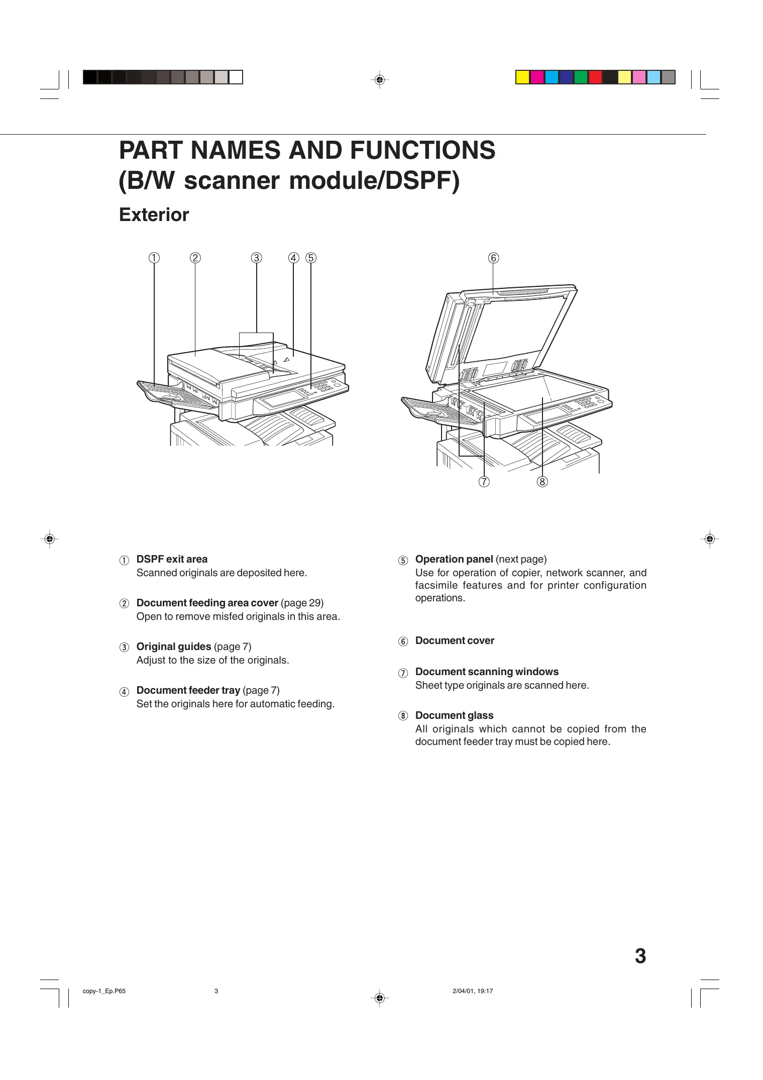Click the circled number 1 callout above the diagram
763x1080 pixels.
[x=154, y=258]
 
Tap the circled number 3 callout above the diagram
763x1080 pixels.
[x=256, y=258]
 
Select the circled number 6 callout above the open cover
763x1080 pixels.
[x=493, y=258]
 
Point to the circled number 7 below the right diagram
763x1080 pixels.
[x=484, y=482]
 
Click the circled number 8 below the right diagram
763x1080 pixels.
[x=542, y=482]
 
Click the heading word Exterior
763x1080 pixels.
[x=154, y=214]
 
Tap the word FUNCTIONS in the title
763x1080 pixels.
[x=422, y=150]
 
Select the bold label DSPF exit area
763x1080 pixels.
[x=172, y=559]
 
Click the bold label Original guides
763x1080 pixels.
[x=174, y=646]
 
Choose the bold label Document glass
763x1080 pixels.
[x=454, y=715]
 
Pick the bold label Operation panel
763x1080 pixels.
[x=454, y=559]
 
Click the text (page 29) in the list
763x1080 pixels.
[x=302, y=603]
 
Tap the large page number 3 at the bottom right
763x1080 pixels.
[x=640, y=956]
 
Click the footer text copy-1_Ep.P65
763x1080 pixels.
[x=104, y=991]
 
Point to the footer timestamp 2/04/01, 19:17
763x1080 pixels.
[x=473, y=991]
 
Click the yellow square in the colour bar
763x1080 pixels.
[x=523, y=77]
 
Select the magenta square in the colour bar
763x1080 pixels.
[x=537, y=77]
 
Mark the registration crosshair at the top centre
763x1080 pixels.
[x=380, y=80]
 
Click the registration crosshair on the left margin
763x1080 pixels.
[x=49, y=539]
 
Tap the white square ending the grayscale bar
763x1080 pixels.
[x=236, y=77]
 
